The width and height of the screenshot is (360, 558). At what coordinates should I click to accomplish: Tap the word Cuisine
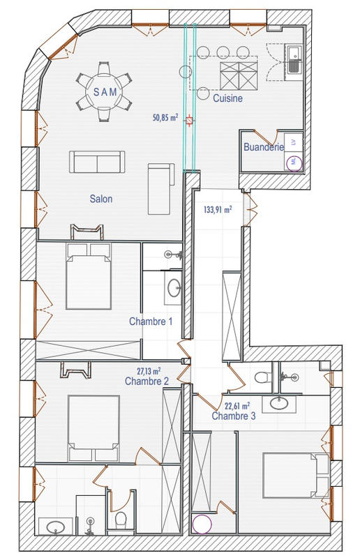tap(228, 99)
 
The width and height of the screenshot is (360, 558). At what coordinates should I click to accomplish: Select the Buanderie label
tap(264, 147)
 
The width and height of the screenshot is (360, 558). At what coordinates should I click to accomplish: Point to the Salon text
tap(101, 199)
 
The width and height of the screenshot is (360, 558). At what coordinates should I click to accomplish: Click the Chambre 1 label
tap(150, 322)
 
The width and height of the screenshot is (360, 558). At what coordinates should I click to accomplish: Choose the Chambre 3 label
tap(233, 416)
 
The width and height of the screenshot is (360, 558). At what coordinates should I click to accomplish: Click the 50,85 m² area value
tap(165, 118)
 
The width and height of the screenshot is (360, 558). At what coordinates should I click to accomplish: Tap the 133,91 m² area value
tap(218, 209)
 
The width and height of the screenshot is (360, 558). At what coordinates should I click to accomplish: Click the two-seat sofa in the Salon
tap(97, 162)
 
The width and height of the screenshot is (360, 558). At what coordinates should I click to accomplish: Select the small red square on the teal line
tap(189, 121)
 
